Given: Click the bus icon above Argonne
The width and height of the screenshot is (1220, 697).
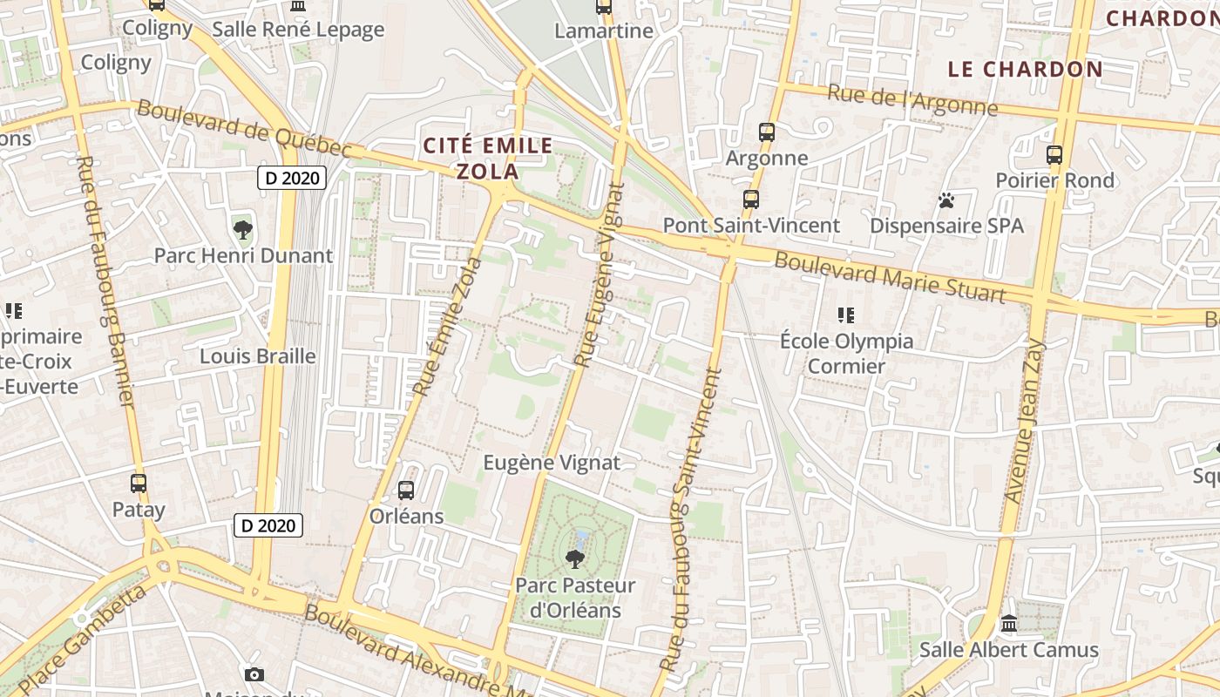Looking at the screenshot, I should point(767,132).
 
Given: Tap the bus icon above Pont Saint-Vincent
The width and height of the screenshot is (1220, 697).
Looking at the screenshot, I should point(751,200).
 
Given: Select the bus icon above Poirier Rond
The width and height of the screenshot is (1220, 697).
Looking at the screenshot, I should point(1054,155).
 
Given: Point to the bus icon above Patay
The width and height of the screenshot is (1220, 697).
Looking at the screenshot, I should point(139,484).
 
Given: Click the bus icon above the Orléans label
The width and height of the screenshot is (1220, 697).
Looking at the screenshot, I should point(406,491).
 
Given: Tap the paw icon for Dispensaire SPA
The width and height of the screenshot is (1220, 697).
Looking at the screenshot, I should point(946,201).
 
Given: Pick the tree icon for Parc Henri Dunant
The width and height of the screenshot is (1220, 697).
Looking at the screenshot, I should point(243,231).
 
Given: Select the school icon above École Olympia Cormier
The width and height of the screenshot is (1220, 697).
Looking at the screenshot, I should point(845,315).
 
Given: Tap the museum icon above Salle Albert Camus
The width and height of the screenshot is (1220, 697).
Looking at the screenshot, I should point(1009,624).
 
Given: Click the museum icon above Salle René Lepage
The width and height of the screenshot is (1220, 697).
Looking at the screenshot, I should point(298,6).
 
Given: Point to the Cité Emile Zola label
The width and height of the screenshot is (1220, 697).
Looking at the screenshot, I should point(488,158).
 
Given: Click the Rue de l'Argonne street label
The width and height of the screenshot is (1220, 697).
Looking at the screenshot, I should point(912,101).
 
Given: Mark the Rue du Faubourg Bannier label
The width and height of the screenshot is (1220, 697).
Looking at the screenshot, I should point(105,281).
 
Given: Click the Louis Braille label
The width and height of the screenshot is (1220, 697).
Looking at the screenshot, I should point(258,356).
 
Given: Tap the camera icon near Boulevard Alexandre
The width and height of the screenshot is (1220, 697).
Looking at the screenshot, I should point(254,674).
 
